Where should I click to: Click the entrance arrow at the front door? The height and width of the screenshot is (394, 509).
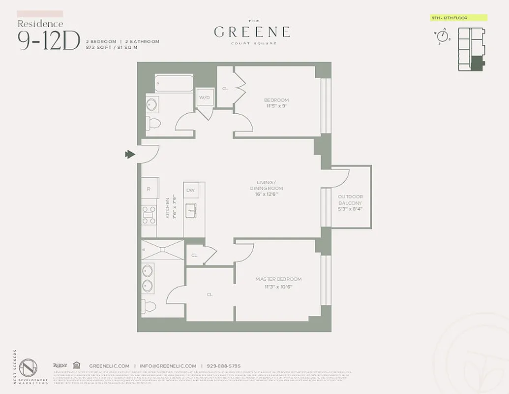click(130, 155)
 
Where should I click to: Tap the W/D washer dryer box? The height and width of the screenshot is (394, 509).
click(204, 98)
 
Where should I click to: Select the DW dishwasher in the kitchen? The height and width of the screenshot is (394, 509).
click(190, 190)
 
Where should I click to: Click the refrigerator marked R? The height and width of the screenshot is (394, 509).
click(149, 189)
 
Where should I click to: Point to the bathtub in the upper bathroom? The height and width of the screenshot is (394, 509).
click(174, 83)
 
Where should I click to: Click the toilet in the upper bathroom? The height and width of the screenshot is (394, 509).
click(153, 123)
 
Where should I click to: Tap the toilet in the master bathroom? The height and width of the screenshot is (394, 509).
click(150, 306)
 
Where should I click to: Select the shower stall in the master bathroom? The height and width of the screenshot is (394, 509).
click(162, 250)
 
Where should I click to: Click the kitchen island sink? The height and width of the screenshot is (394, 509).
click(191, 211)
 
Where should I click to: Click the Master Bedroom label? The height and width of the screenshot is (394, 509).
click(278, 279)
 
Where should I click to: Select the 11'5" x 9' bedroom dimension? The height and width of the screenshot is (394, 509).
click(276, 106)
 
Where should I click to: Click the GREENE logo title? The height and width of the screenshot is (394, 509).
click(252, 32)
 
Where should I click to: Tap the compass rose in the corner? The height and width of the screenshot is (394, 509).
click(442, 36)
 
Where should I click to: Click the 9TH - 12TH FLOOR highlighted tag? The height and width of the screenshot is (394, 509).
click(458, 18)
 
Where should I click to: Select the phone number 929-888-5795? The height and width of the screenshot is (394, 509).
click(223, 366)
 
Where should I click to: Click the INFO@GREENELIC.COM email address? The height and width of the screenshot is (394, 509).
click(167, 366)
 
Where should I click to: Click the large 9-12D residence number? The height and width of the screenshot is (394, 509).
click(48, 40)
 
